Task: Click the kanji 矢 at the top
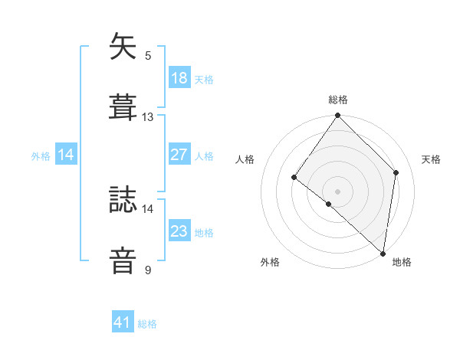point(123,47)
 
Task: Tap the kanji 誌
point(123,198)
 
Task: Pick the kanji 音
point(123,259)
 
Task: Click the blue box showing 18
point(179,77)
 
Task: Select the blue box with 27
point(179,154)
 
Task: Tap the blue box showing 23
point(179,231)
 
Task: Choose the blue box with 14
point(66,155)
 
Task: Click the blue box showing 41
point(123,322)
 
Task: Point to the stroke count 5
point(148,56)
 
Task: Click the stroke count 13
point(148,117)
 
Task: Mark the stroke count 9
point(148,270)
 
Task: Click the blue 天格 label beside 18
point(204,79)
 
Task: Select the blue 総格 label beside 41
point(147,324)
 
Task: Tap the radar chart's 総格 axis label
point(337,100)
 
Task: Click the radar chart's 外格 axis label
point(270,262)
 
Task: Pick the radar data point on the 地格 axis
point(383,254)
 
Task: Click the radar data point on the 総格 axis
point(337,116)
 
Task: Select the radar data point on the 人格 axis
point(294,178)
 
